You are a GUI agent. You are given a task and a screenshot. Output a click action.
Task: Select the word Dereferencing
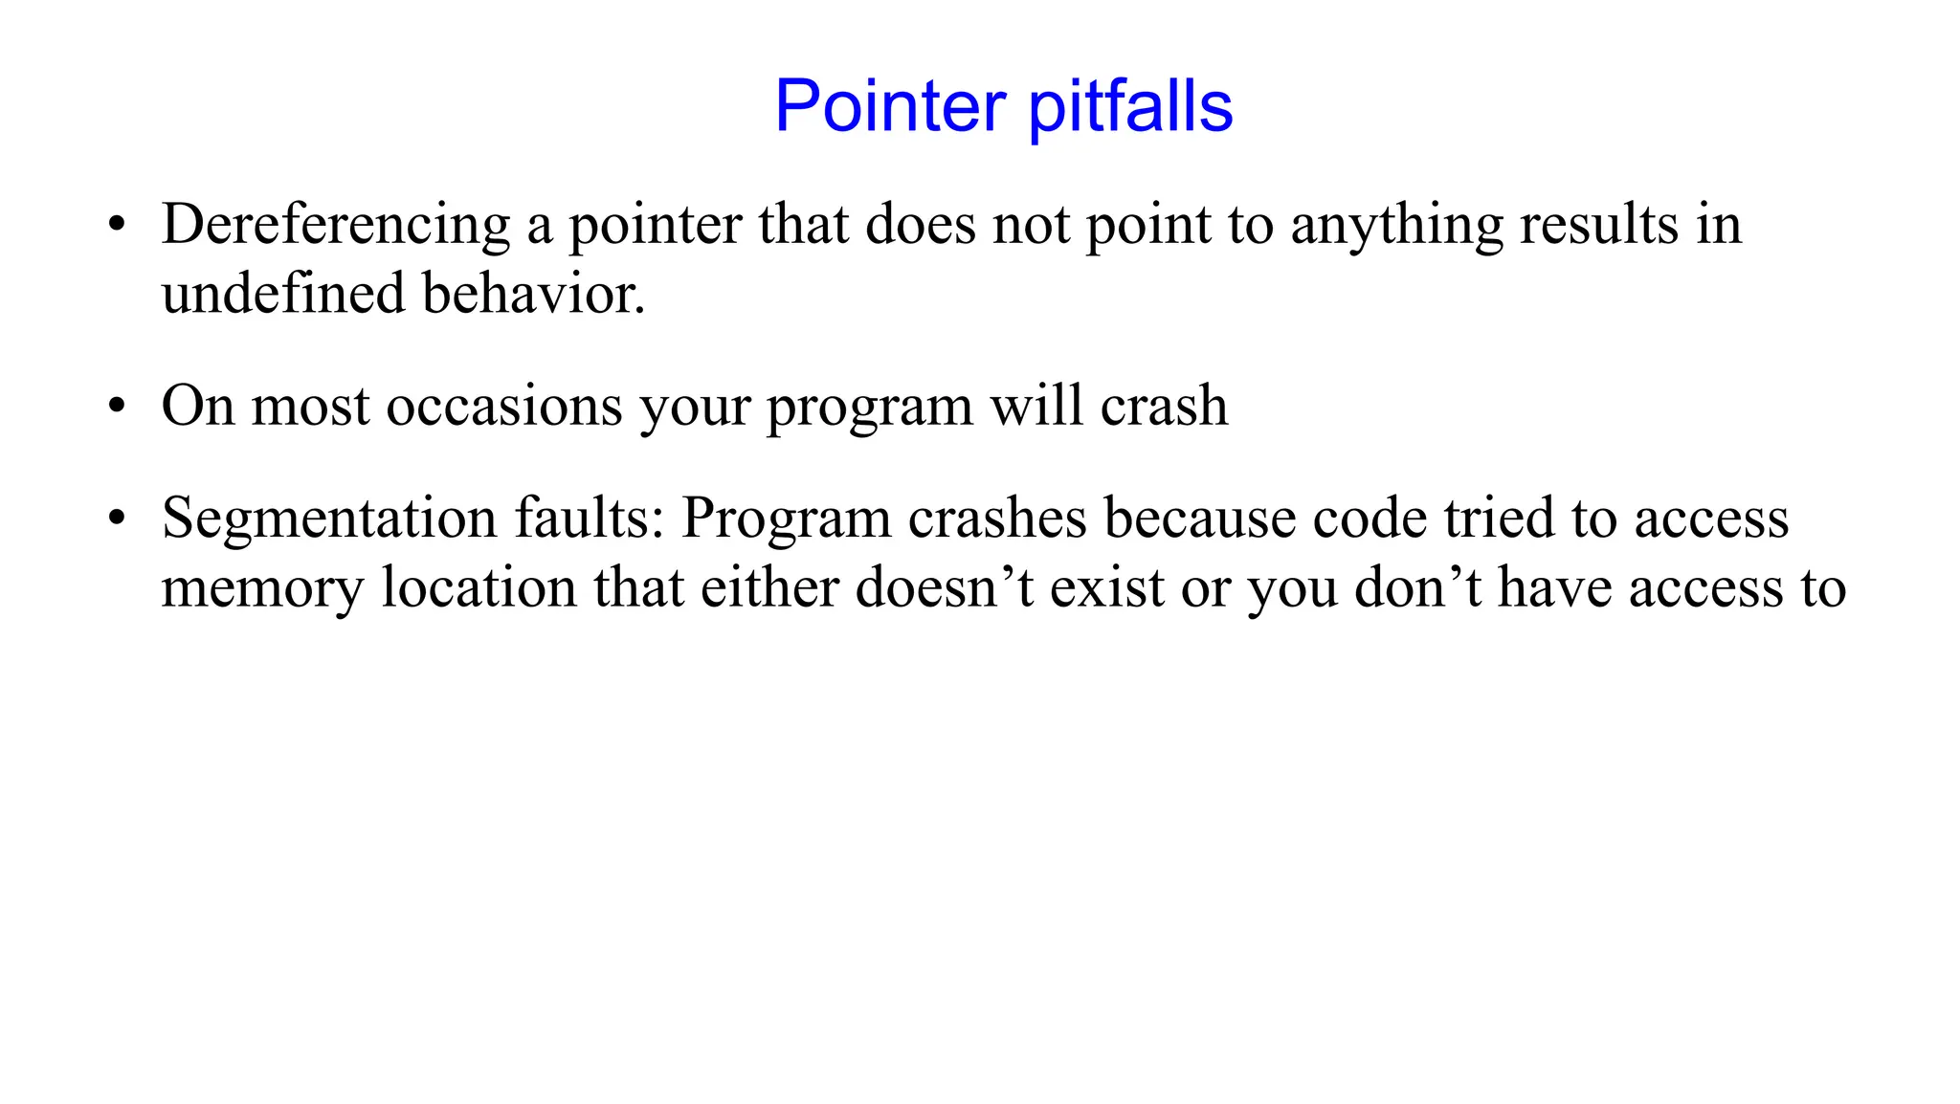coord(335,226)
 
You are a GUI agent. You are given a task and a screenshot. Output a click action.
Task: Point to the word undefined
coord(283,294)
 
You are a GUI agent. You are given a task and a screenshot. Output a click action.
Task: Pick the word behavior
coord(533,294)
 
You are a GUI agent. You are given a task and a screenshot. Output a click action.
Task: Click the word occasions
coord(504,407)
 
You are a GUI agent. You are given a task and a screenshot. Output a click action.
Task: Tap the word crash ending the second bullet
coord(1164,407)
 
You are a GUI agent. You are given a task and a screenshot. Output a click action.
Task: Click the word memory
coord(262,588)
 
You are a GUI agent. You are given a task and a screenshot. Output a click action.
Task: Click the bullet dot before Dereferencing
coord(117,227)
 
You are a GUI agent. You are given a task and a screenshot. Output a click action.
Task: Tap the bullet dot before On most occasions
coord(117,407)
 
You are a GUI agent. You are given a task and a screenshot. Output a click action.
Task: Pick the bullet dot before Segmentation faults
coord(117,519)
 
